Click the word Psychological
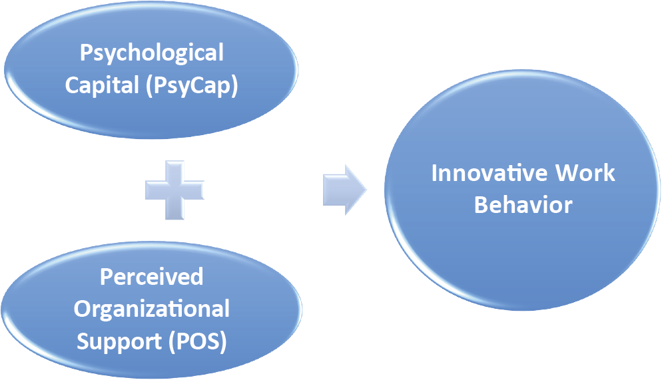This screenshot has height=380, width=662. pos(152,53)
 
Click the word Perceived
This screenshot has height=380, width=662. pos(151,277)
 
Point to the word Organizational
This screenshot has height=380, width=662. pos(152,309)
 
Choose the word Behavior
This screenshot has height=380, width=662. pos(523,204)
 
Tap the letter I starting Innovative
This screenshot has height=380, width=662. pos(435,173)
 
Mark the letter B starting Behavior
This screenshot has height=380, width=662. pos(481,204)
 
